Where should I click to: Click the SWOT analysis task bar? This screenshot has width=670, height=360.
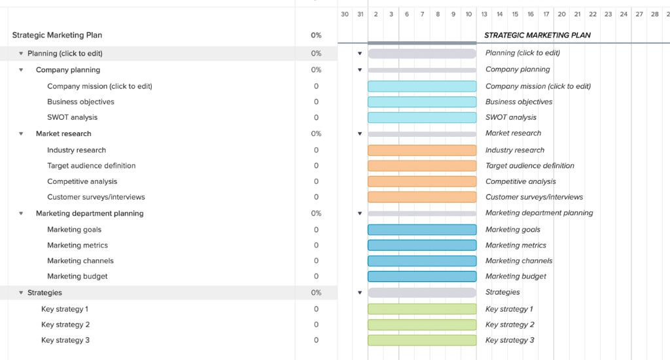[x=422, y=118]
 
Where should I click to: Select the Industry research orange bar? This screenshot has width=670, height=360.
[x=422, y=151]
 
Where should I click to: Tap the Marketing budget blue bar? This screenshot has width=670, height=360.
[x=422, y=277]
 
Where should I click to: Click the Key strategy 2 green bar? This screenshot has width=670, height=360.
[x=422, y=325]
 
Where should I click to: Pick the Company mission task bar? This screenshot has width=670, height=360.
[x=422, y=86]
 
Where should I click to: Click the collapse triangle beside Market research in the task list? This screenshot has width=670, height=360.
[x=21, y=134]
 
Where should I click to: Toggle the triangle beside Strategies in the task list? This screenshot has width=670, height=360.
[x=21, y=293]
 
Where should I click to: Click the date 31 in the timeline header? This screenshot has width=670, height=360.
[x=360, y=14]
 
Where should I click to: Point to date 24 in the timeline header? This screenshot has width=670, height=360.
[x=624, y=14]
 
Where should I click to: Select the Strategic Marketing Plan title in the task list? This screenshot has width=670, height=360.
[x=57, y=35]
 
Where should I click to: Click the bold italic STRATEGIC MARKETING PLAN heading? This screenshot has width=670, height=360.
[x=537, y=35]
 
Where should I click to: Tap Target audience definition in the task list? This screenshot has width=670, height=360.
[x=92, y=166]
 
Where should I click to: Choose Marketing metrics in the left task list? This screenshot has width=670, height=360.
[x=77, y=245]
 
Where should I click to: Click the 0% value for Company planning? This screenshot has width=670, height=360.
[x=316, y=70]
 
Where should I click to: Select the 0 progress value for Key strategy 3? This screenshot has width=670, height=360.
[x=316, y=340]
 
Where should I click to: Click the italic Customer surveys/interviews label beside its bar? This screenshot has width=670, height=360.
[x=534, y=197]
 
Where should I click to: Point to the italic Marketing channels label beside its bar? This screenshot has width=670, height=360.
[x=519, y=261]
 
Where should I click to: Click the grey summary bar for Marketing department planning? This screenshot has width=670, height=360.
[x=422, y=213]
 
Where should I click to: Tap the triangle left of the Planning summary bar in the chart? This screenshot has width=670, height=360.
[x=360, y=54]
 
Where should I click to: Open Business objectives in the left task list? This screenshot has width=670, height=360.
[x=80, y=102]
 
